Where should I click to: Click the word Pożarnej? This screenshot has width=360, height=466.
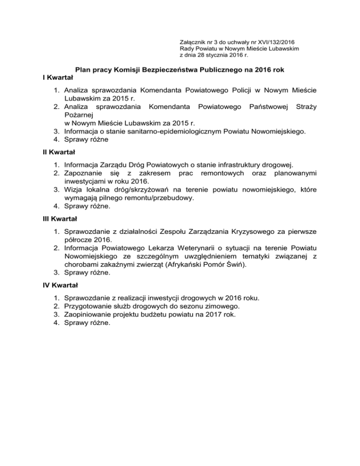click(x=79, y=114)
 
